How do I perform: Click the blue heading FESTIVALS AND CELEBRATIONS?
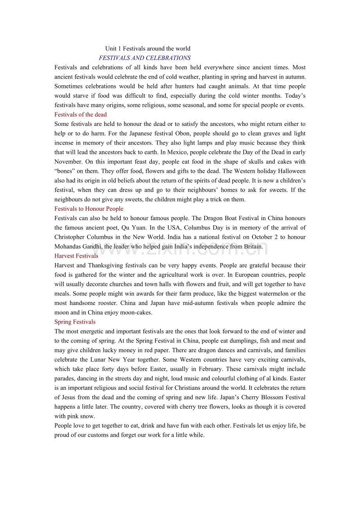coord(145,58)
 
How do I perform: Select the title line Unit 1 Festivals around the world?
coord(148,48)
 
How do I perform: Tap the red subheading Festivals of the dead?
coord(80,115)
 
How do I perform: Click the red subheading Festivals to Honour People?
coord(89,209)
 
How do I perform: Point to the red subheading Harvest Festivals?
coord(76,256)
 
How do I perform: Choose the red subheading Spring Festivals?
coord(75,322)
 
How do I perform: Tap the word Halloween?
coord(290,171)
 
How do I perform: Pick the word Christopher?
coord(69,237)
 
